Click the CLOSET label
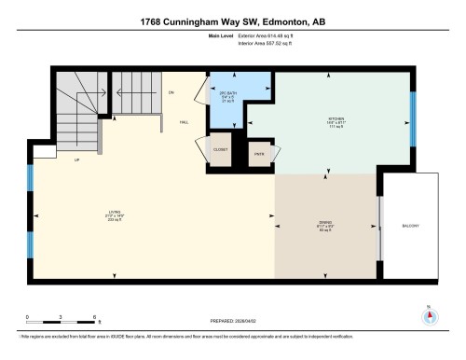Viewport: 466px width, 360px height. click(x=221, y=149)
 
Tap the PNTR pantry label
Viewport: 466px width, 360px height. click(x=258, y=153)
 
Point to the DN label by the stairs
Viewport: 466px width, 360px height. click(x=171, y=92)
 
